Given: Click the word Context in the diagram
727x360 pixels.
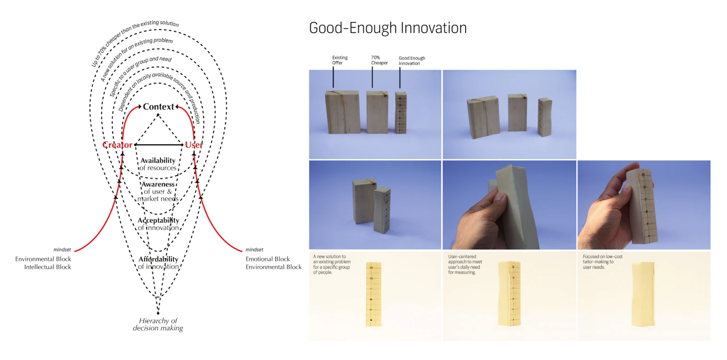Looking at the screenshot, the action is point(159,107).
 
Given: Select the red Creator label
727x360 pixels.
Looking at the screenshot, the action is point(117,145).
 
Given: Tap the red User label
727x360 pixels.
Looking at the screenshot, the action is point(194,145).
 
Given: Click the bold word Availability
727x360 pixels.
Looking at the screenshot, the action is point(158,160).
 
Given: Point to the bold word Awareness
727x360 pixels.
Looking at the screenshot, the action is point(158,184).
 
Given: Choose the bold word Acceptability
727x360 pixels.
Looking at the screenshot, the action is point(159,220).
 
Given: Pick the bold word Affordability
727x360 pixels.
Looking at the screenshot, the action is point(159,259).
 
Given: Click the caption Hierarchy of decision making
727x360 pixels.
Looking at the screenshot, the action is point(158,324).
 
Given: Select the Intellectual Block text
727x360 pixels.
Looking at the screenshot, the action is point(48,267).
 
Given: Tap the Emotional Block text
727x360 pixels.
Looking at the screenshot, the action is point(268,259).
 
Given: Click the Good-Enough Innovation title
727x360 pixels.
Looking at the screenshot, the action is point(388,28).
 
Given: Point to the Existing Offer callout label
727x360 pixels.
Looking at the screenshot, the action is point(340,60).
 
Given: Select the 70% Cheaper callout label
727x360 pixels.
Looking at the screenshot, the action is point(379,60).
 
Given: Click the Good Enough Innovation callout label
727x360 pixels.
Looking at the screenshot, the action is point(412,61).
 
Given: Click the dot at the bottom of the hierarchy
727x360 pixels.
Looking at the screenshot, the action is point(158,313).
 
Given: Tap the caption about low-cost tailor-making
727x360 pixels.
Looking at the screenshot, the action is point(603,262).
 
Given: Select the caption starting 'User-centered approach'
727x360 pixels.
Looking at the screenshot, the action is point(465,264).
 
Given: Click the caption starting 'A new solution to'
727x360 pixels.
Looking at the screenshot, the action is point(332,264).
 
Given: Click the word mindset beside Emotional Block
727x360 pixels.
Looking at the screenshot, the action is point(254,250).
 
